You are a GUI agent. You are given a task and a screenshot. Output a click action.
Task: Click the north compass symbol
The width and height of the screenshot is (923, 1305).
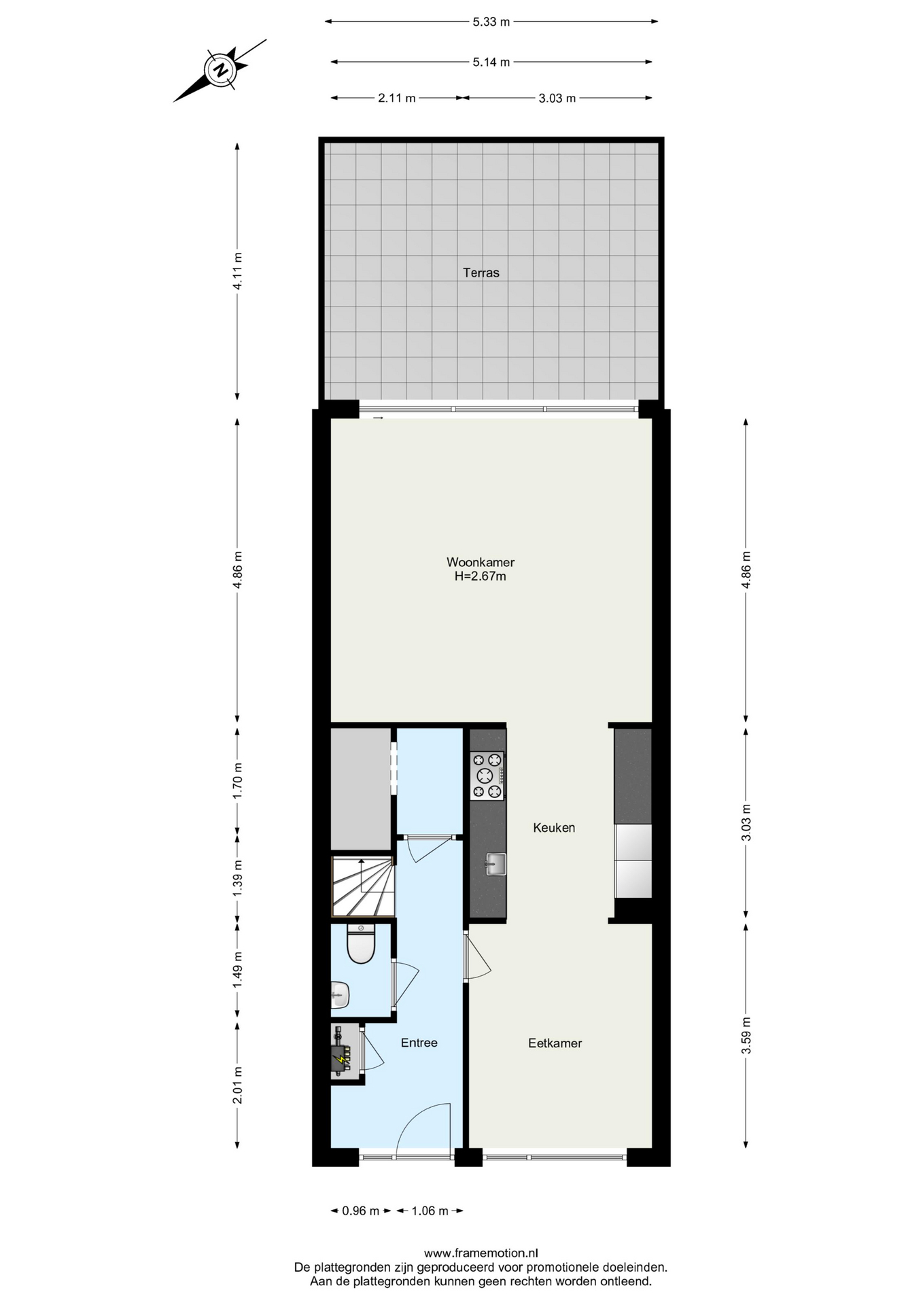pyautogui.click(x=220, y=70)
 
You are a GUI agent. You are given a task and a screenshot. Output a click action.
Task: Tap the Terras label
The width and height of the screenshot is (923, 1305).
pyautogui.click(x=481, y=273)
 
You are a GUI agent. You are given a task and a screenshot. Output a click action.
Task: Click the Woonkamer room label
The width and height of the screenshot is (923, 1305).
pyautogui.click(x=481, y=562)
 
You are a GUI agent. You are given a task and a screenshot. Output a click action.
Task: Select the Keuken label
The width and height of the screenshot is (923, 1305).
pyautogui.click(x=554, y=827)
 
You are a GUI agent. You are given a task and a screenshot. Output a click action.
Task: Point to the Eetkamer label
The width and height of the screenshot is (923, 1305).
pyautogui.click(x=555, y=1043)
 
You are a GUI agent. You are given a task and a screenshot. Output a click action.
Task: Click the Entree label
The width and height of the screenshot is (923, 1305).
pyautogui.click(x=419, y=1042)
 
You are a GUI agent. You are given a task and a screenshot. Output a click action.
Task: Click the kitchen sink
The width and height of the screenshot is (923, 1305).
pyautogui.click(x=495, y=865)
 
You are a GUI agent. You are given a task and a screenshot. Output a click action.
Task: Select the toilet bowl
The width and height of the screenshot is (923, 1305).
pyautogui.click(x=361, y=943)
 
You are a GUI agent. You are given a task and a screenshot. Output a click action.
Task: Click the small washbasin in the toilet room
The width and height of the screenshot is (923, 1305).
pyautogui.click(x=340, y=995)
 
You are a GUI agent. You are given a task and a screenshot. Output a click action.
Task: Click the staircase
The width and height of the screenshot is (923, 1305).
pyautogui.click(x=363, y=886)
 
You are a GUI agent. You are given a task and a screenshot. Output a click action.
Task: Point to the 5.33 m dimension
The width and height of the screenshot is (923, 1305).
pyautogui.click(x=491, y=22)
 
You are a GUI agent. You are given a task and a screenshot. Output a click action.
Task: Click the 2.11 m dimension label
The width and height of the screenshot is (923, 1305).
pyautogui.click(x=397, y=98)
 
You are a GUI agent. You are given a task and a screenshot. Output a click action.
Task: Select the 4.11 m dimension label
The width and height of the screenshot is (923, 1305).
pyautogui.click(x=237, y=271)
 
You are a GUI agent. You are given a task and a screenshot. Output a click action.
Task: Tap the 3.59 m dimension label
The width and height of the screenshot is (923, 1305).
pyautogui.click(x=746, y=1035)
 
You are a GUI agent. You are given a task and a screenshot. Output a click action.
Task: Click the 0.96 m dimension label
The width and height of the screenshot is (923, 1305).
pyautogui.click(x=361, y=1211)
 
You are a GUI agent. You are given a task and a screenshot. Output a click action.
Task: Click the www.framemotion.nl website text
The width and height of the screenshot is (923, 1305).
pyautogui.click(x=481, y=1253)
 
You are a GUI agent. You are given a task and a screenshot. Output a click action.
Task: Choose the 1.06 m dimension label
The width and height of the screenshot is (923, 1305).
pyautogui.click(x=430, y=1211)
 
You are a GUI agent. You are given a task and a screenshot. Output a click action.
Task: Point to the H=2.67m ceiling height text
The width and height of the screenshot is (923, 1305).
pyautogui.click(x=481, y=576)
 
